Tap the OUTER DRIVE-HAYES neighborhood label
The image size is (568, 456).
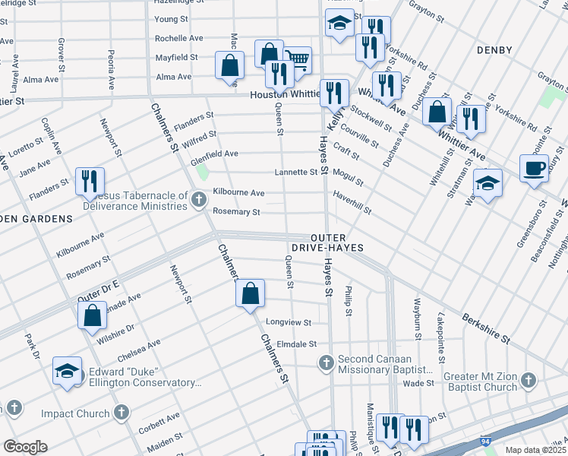327,242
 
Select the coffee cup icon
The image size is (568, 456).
534,166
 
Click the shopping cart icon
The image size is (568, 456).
298,59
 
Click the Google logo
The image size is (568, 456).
26,446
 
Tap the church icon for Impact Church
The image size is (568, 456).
120,413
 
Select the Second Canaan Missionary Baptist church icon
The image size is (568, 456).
327,362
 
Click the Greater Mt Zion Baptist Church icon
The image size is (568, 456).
529,379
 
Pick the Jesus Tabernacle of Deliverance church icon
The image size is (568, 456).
198,199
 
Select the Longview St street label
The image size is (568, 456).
288,322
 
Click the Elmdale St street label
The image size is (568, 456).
295,344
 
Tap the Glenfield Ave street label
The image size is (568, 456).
214,154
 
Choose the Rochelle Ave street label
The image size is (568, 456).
178,38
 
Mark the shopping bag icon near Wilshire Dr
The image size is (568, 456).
92,316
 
